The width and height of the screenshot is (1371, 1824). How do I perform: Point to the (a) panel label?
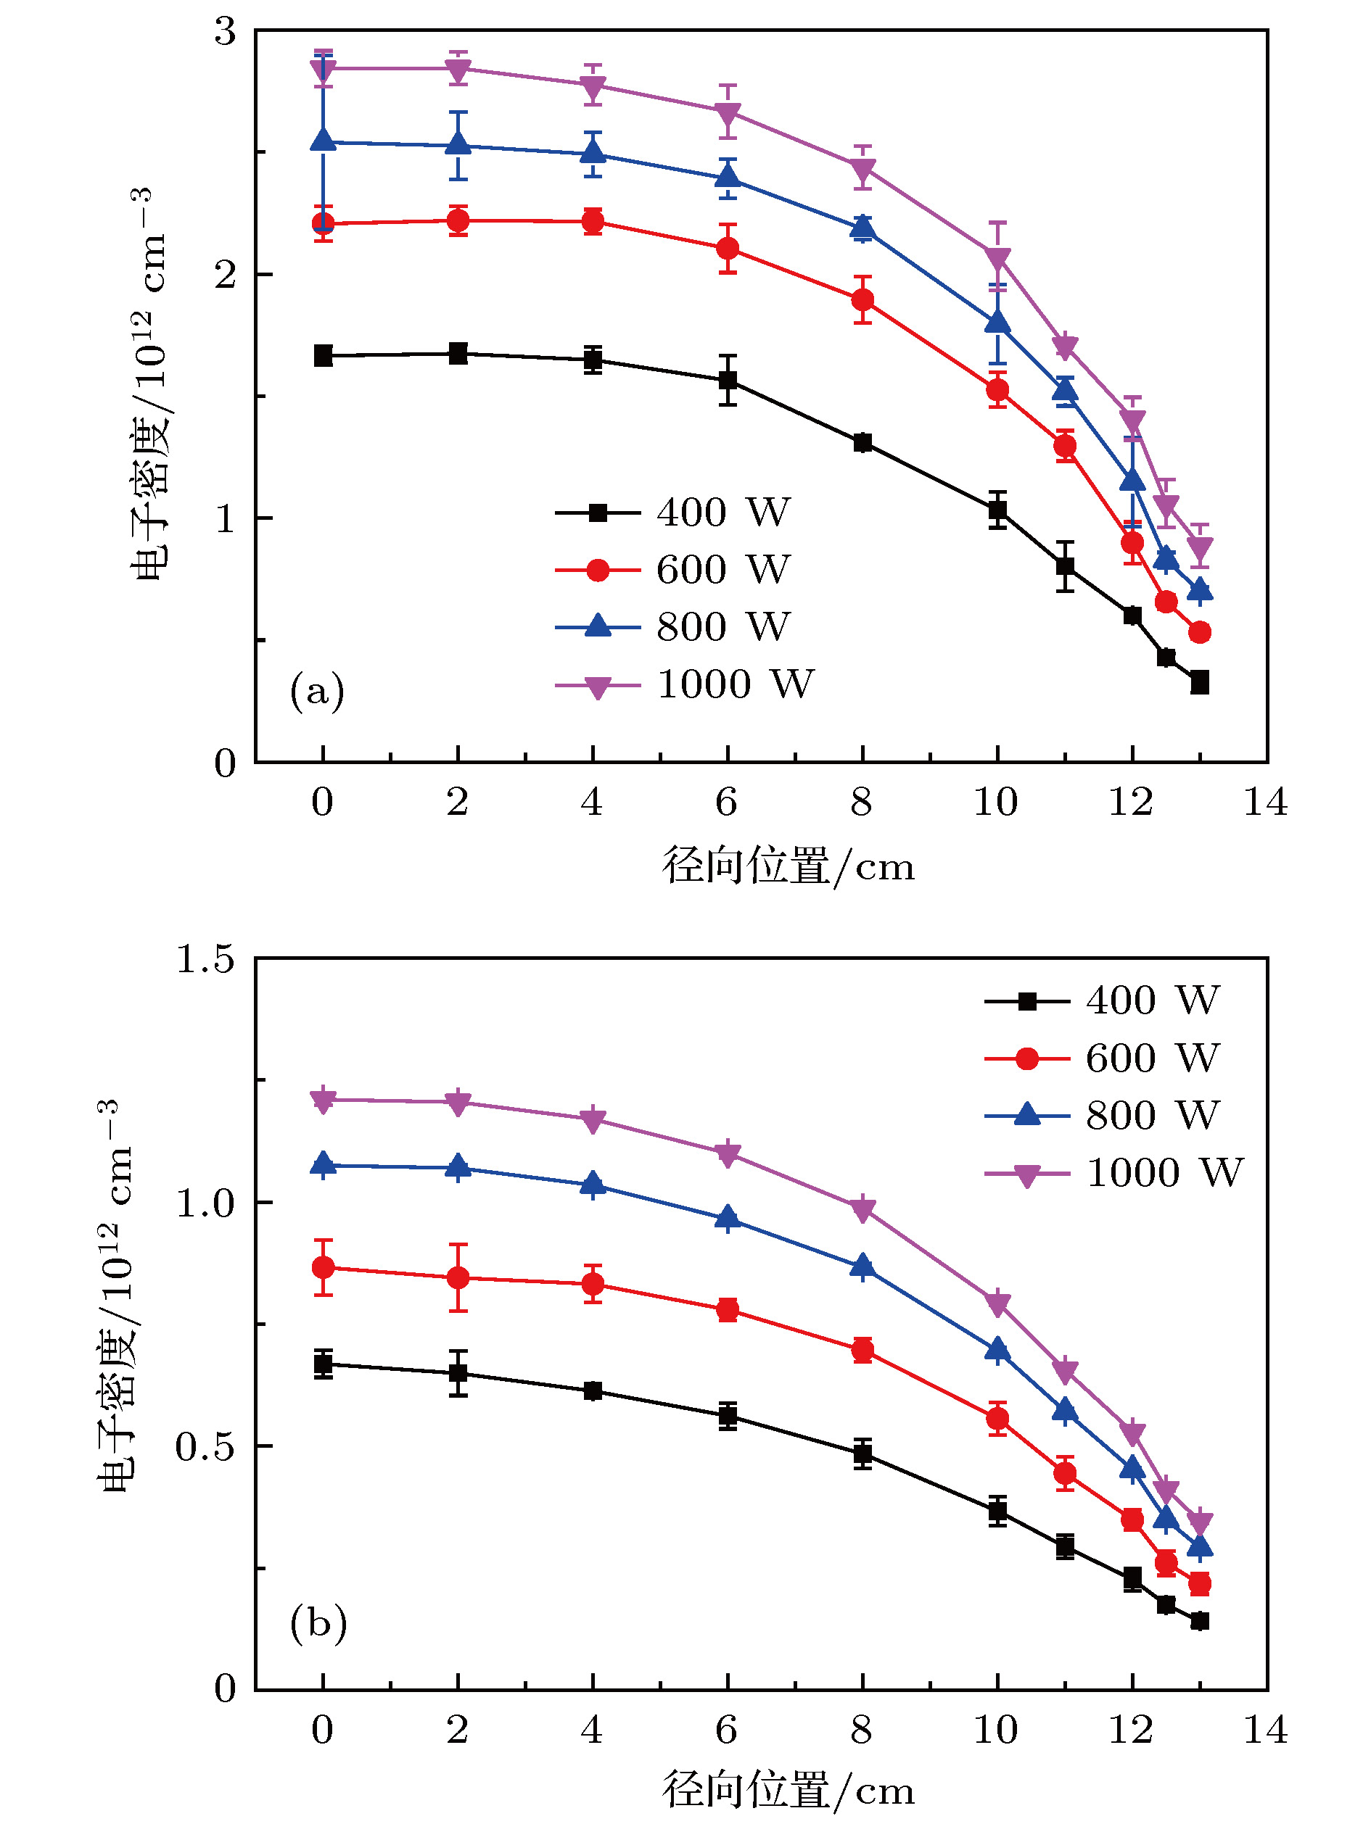[x=317, y=690]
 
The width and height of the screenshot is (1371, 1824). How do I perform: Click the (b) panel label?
[x=318, y=1622]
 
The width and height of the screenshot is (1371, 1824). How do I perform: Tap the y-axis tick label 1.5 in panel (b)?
[x=205, y=959]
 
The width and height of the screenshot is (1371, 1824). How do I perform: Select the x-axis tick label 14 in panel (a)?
[x=1265, y=802]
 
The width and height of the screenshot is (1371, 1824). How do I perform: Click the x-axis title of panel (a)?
[x=789, y=866]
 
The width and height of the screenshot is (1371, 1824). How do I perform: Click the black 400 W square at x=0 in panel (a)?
[x=324, y=356]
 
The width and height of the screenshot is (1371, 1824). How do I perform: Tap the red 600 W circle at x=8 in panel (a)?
[x=862, y=299]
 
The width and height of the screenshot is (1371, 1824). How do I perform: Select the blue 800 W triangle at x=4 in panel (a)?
[x=592, y=154]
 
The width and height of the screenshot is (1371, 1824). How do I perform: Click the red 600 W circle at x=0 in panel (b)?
[x=324, y=1267]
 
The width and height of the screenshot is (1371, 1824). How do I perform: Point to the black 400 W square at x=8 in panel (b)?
[x=862, y=1454]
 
